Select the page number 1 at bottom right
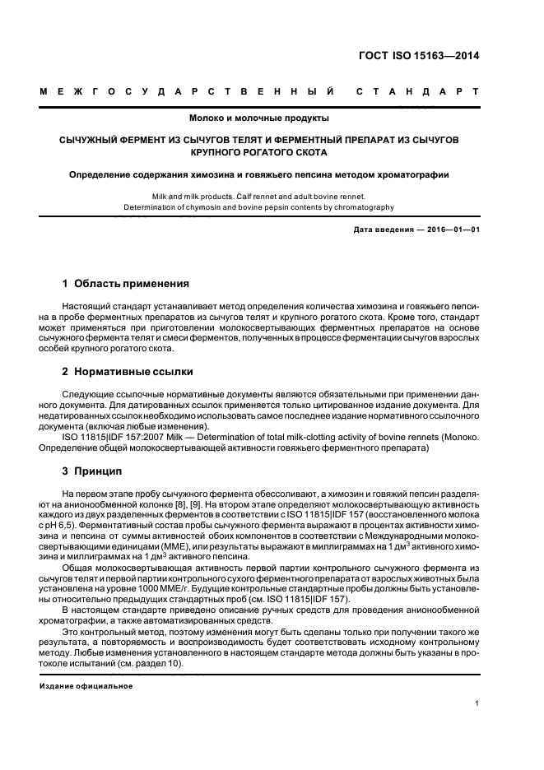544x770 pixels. pos(477,703)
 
